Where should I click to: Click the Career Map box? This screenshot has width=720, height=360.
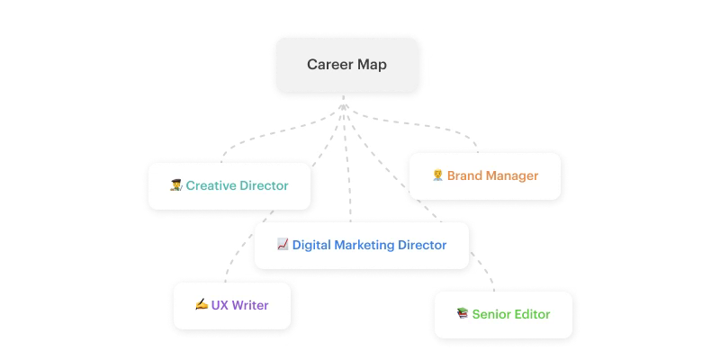click(x=346, y=65)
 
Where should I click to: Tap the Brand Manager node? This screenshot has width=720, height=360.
click(x=485, y=175)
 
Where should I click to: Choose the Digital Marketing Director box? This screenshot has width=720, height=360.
click(x=361, y=244)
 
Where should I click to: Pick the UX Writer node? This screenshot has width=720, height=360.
click(x=232, y=304)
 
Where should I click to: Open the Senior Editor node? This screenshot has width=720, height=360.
click(x=503, y=314)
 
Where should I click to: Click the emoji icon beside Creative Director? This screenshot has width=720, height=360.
click(x=176, y=186)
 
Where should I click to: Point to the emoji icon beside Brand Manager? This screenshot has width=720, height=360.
click(x=437, y=175)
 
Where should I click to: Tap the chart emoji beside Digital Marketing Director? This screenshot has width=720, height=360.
click(x=283, y=244)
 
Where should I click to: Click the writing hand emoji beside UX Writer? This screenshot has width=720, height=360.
click(x=202, y=304)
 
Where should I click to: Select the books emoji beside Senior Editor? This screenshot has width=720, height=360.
click(x=463, y=314)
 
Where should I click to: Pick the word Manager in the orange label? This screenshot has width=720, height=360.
click(x=511, y=175)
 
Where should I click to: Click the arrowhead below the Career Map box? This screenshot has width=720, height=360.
click(x=344, y=106)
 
